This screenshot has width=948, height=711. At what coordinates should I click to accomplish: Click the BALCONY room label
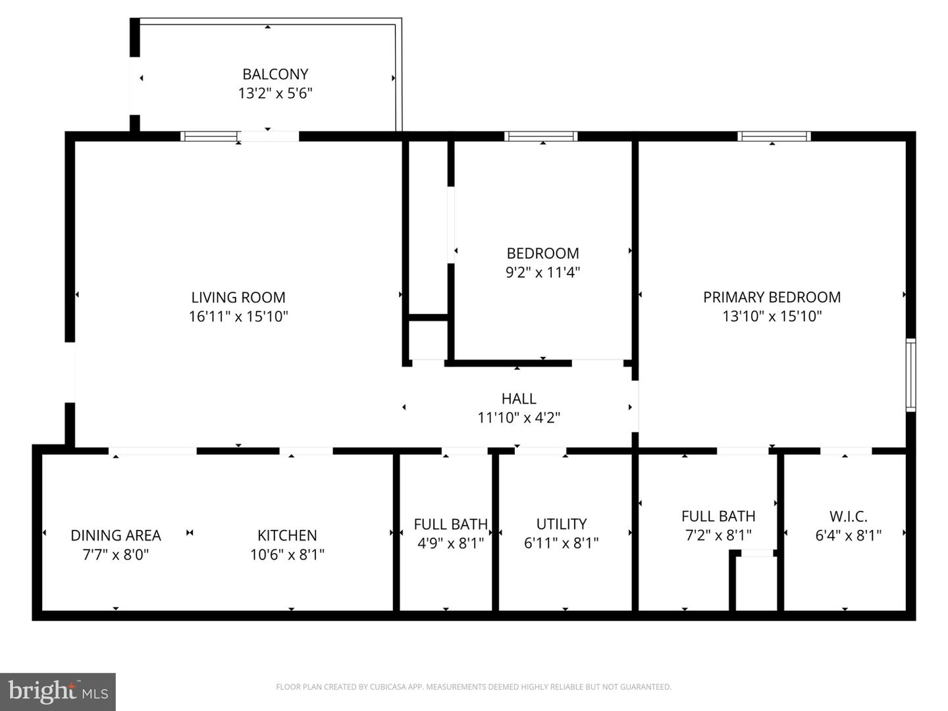275,74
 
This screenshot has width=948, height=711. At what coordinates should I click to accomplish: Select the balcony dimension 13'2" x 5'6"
275,93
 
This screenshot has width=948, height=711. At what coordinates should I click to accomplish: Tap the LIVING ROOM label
238,298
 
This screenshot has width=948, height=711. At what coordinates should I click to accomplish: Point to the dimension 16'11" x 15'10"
238,317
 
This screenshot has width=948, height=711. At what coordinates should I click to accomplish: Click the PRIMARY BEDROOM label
772,298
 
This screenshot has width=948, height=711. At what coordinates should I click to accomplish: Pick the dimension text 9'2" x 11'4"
542,273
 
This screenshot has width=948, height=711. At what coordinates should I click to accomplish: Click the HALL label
519,399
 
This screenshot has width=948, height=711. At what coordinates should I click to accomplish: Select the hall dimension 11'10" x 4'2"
519,418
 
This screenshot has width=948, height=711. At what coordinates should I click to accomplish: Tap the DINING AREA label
116,536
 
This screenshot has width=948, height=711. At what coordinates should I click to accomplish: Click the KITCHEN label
287,536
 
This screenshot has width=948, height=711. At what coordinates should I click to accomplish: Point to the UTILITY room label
561,524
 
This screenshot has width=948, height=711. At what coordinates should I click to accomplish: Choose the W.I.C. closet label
848,517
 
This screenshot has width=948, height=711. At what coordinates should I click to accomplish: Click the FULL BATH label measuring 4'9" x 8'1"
450,525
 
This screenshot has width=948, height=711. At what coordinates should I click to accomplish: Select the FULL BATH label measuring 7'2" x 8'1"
718,517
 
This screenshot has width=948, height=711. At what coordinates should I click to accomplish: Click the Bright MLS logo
58,691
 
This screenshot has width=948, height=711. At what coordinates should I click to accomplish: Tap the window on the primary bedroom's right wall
910,375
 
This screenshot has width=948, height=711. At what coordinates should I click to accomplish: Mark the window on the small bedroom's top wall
541,136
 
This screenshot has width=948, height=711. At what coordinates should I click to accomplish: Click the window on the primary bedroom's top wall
774,136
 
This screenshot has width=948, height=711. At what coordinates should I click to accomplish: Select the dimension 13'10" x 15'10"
772,317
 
